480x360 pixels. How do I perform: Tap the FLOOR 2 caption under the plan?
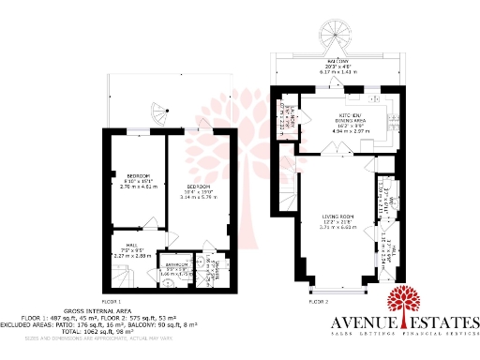pos(319,301)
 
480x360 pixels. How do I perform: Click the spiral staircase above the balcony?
pos(334,41)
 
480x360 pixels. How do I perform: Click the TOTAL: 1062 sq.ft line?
pos(98,332)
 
